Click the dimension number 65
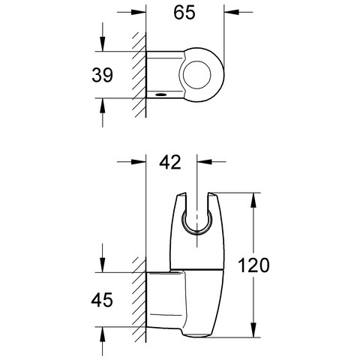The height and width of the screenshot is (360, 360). point(184,13)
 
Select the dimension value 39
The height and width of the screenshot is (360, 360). point(102,75)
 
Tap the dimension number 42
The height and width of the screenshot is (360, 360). point(170,163)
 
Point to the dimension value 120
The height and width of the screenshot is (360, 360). point(253,265)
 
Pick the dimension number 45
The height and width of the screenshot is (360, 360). point(102,300)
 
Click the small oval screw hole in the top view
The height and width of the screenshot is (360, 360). point(160,94)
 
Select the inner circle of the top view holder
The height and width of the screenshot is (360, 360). point(197,74)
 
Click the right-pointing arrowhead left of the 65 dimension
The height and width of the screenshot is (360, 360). point(138,12)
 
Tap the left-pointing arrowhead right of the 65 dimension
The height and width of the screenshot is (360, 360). point(232,12)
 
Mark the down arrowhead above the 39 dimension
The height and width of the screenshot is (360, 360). point(103,44)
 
